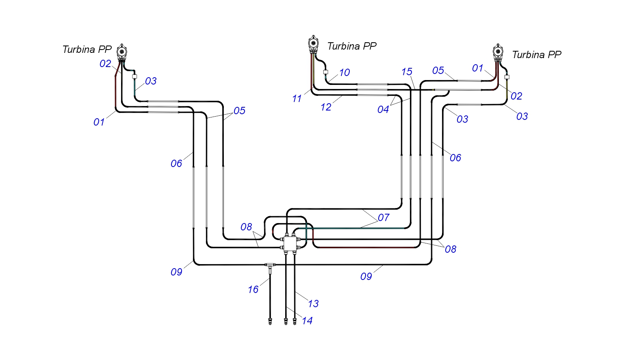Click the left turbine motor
(122, 52)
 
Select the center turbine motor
(313, 44)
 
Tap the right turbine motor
(498, 52)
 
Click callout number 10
(344, 72)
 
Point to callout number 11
(297, 98)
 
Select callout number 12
(326, 107)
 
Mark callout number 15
(407, 72)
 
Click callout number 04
(383, 110)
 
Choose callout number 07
(383, 217)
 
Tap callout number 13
(313, 304)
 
